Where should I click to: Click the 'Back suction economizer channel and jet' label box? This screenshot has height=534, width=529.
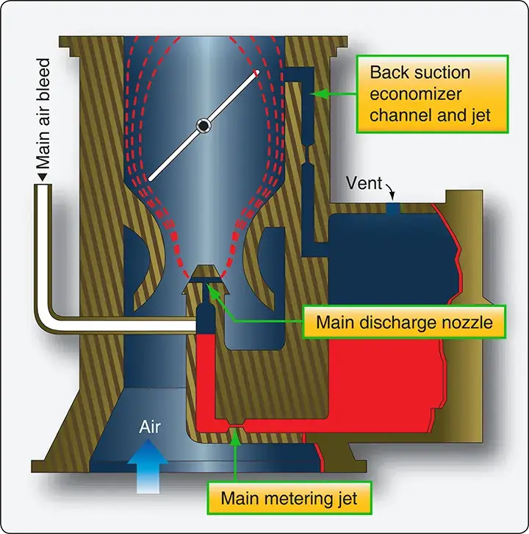click(432, 93)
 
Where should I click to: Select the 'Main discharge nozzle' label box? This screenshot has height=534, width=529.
click(404, 322)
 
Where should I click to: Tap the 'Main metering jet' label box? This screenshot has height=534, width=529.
click(289, 498)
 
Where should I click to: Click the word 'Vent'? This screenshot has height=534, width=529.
click(364, 183)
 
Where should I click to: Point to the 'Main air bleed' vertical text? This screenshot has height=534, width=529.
click(43, 114)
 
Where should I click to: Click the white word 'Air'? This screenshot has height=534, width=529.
click(150, 427)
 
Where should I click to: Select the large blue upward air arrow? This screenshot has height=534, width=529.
click(148, 466)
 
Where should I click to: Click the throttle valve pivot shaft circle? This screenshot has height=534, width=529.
click(204, 126)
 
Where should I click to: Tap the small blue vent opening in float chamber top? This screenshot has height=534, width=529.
click(393, 208)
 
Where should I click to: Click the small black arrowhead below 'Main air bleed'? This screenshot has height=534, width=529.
click(43, 177)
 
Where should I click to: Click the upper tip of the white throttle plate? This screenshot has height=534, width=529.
click(257, 72)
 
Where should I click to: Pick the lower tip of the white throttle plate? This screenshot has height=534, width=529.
click(150, 179)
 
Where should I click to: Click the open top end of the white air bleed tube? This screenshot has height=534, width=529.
click(43, 185)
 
